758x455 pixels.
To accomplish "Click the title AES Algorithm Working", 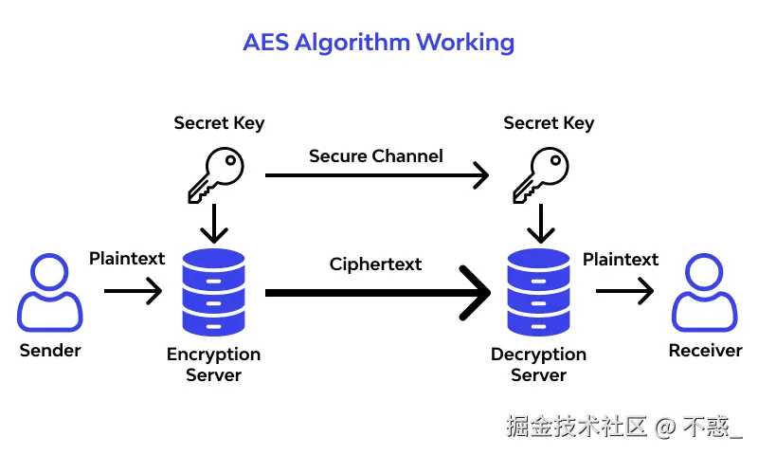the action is (378, 44).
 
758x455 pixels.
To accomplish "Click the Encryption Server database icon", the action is (214, 292).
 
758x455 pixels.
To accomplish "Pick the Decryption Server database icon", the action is (538, 292).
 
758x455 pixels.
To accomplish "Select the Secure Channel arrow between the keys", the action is (377, 175).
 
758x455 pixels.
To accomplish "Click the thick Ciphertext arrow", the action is (378, 293).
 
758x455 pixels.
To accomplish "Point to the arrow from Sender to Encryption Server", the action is (133, 291).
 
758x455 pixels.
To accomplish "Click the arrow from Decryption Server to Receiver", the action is (624, 291).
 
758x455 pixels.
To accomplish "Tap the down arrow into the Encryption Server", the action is (214, 224).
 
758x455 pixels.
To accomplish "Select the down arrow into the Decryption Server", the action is (540, 224).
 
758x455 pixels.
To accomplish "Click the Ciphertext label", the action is (375, 264).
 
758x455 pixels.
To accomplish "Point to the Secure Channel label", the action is (376, 156).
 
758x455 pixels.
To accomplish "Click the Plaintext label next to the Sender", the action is (127, 259).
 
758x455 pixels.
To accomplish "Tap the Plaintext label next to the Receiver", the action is (621, 260).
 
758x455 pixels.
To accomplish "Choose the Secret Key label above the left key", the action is (220, 123).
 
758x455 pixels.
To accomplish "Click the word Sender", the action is (50, 351).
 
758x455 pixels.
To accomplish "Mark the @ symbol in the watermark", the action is (665, 428).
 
